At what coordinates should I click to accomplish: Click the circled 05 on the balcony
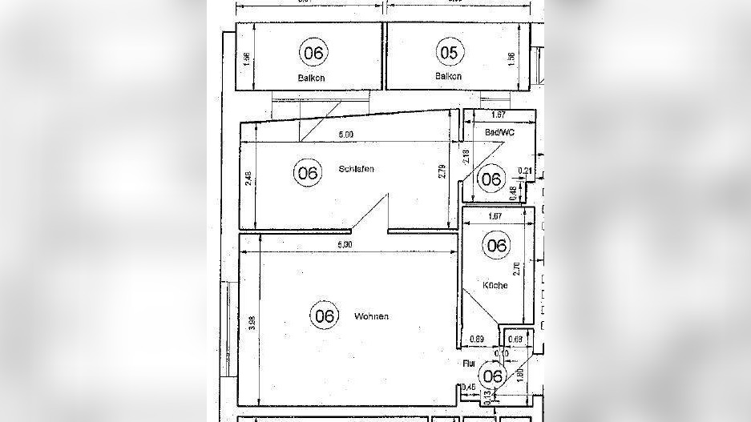[x=449, y=52]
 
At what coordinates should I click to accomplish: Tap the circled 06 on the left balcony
[x=313, y=53]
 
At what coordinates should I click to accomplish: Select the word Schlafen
[x=357, y=170]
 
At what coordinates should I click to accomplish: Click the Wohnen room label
[x=371, y=316]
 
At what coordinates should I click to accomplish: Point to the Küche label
[x=495, y=285]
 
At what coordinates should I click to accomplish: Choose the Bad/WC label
[x=500, y=131]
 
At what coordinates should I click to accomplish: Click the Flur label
[x=469, y=363]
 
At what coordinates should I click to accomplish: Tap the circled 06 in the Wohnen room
[x=325, y=315]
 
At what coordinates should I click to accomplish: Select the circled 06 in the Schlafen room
[x=306, y=172]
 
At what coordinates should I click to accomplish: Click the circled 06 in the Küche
[x=497, y=245]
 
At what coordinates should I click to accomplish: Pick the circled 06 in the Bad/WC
[x=491, y=179]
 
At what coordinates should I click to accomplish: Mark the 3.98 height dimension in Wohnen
[x=252, y=324]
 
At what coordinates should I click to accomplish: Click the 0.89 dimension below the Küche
[x=477, y=340]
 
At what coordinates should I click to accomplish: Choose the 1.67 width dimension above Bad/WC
[x=497, y=115]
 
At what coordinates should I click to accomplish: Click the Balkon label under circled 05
[x=448, y=77]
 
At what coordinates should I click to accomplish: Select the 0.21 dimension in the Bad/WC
[x=525, y=170]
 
